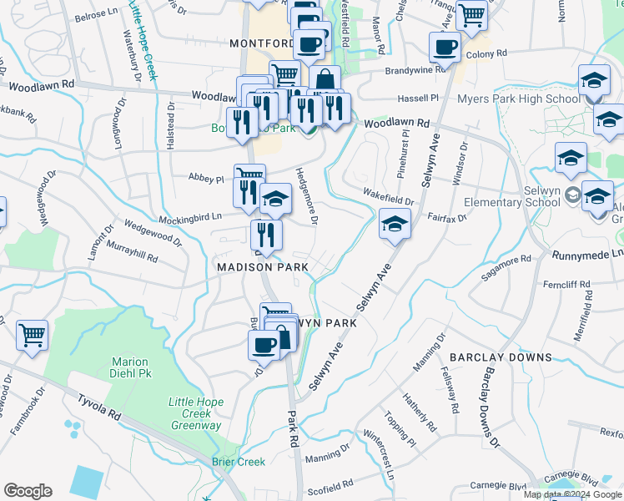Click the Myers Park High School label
click(x=518, y=99)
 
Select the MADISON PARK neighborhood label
click(x=263, y=266)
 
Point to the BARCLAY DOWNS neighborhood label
click(x=501, y=357)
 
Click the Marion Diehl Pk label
click(x=130, y=368)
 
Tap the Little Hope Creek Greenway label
click(x=196, y=413)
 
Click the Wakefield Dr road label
click(x=388, y=197)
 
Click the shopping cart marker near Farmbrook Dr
click(x=32, y=336)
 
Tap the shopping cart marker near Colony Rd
click(x=472, y=13)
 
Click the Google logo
click(x=28, y=491)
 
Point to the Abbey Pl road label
click(x=207, y=179)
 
